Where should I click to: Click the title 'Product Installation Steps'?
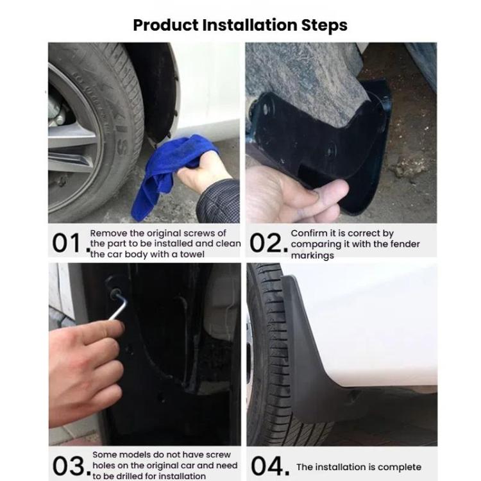(x=240, y=25)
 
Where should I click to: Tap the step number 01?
(x=68, y=244)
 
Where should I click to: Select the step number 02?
(x=266, y=244)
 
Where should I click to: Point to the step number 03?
(x=68, y=465)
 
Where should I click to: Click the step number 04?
(x=268, y=465)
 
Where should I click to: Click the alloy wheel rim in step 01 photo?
(x=74, y=128)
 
